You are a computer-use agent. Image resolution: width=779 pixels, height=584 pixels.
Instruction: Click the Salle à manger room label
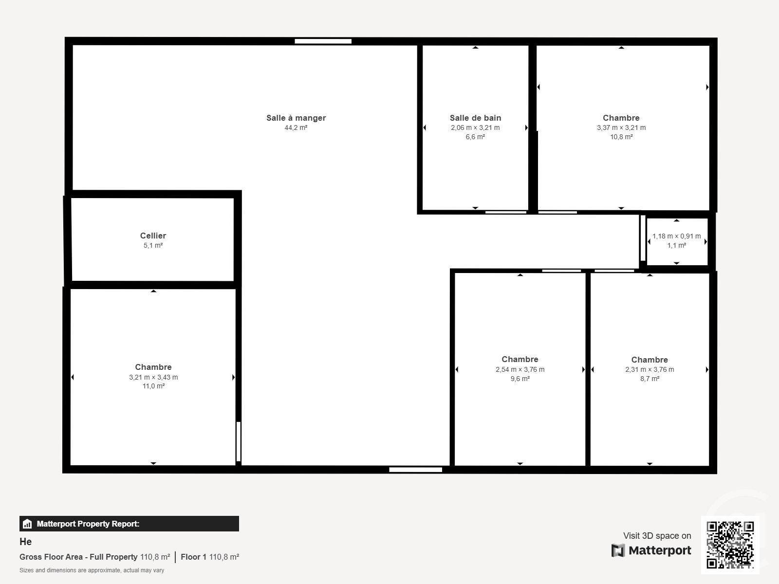tap(296, 118)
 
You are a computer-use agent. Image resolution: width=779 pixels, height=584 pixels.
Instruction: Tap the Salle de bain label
tap(475, 118)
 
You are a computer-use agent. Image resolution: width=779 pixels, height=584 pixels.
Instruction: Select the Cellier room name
tap(153, 236)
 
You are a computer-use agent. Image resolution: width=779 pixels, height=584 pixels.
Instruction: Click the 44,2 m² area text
tap(296, 128)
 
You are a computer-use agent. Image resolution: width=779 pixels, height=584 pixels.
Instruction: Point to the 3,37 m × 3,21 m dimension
tap(621, 128)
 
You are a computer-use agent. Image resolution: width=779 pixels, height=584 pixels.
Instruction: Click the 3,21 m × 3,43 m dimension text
tap(153, 377)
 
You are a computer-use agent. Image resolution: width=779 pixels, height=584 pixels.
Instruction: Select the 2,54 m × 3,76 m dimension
tap(520, 369)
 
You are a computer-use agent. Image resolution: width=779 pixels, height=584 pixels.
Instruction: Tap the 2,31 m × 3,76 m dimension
tap(649, 369)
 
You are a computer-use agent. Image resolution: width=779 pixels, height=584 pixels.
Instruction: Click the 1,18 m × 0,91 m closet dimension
tap(676, 237)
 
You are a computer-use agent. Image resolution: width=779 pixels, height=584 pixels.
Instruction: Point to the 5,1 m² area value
tap(153, 245)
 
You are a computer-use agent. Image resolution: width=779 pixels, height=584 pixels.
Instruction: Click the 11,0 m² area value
tap(153, 386)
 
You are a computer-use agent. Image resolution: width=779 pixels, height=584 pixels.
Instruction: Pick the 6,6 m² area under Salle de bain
tap(475, 137)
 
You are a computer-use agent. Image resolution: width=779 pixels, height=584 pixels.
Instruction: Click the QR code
tap(730, 545)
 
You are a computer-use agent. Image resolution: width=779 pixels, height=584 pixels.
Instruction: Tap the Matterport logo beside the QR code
tap(651, 550)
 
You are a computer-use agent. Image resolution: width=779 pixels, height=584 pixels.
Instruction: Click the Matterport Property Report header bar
tap(129, 524)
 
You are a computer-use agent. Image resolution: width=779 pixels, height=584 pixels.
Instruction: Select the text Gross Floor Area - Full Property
tap(78, 557)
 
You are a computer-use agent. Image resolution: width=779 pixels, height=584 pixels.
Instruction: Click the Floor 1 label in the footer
tap(193, 557)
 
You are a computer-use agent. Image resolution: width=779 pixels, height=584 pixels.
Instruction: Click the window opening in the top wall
tap(323, 41)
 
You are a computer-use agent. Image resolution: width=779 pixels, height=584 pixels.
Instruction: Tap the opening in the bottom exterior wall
tap(415, 470)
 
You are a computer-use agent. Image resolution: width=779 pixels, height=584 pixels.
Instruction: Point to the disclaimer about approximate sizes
tap(92, 570)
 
